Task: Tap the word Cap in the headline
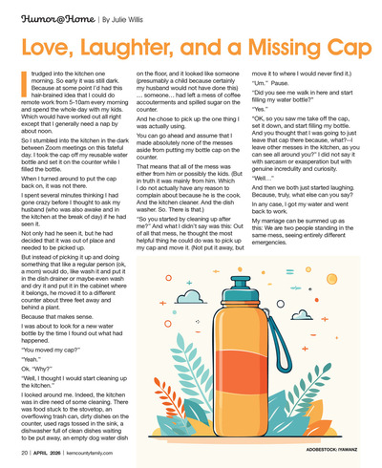click(339, 45)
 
